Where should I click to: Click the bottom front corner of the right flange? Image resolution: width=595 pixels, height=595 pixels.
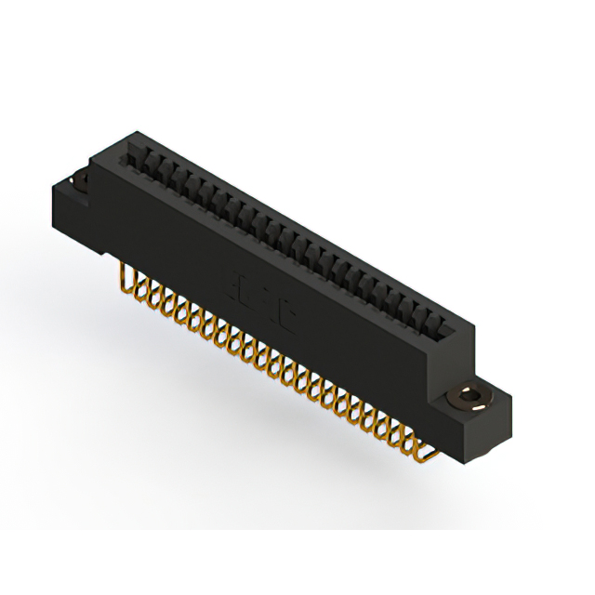484,461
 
